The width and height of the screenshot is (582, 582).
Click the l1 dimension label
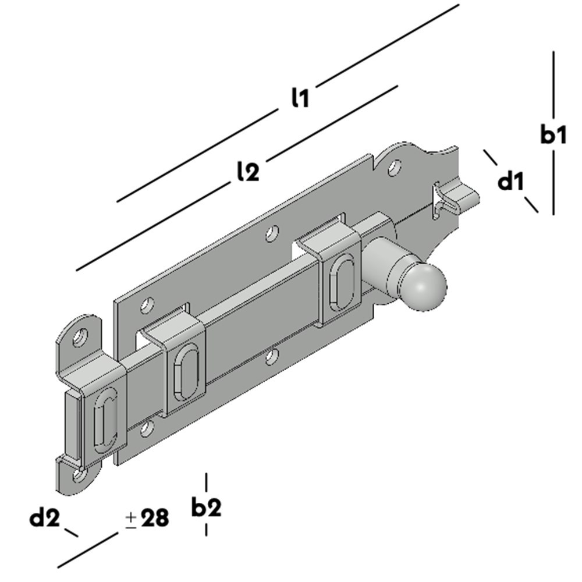pyautogui.click(x=300, y=98)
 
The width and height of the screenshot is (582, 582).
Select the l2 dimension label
pyautogui.click(x=248, y=172)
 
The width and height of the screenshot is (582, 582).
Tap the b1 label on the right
pyautogui.click(x=553, y=135)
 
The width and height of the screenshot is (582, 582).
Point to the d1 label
pyautogui.click(x=511, y=182)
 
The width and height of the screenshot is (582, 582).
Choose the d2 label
pyautogui.click(x=45, y=517)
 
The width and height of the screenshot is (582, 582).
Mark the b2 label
pyautogui.click(x=206, y=508)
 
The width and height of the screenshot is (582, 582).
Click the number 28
pyautogui.click(x=155, y=517)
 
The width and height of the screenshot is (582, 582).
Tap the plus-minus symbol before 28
pyautogui.click(x=131, y=518)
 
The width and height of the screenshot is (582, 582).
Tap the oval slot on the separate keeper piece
pyautogui.click(x=106, y=420)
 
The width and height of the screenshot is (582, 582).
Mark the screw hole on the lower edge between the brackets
pyautogui.click(x=271, y=357)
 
